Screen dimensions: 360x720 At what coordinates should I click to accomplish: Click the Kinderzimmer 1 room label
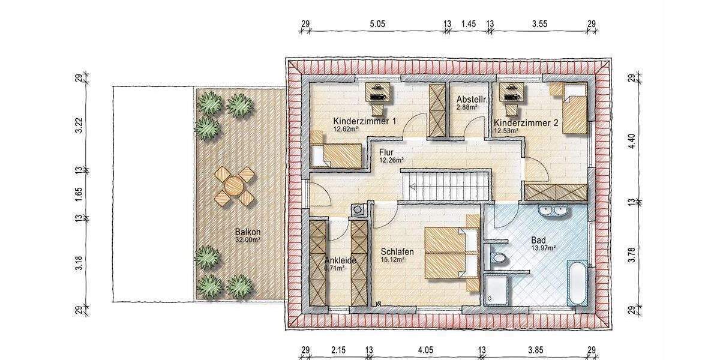[x=365, y=122]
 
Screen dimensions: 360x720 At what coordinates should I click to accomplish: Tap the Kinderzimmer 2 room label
[x=526, y=122]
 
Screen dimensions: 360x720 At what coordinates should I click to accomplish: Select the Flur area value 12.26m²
[x=391, y=160]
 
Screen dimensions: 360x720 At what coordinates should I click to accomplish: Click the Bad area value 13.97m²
[x=544, y=247]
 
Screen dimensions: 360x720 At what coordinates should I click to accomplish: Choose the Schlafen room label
[x=397, y=252]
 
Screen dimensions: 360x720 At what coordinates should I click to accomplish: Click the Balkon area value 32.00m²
[x=248, y=239]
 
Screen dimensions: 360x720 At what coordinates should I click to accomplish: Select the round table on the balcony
[x=234, y=185]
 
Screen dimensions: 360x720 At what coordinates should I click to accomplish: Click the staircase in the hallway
[x=445, y=185]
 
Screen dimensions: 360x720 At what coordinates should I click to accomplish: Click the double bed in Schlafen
[x=451, y=252]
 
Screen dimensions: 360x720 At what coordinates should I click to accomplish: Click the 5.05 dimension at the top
[x=376, y=24]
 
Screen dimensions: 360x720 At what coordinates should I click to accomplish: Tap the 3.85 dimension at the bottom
[x=538, y=349]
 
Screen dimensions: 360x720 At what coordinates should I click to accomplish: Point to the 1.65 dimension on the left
[x=79, y=194]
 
